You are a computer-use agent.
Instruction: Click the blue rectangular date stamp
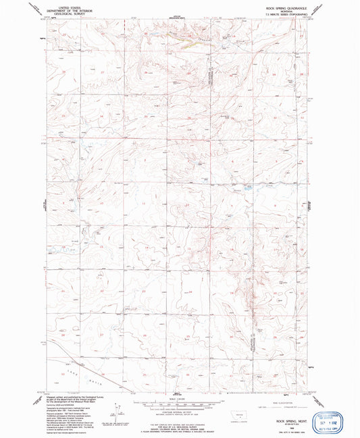[x=337, y=413]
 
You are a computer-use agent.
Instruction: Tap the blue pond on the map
[x=249, y=188]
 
